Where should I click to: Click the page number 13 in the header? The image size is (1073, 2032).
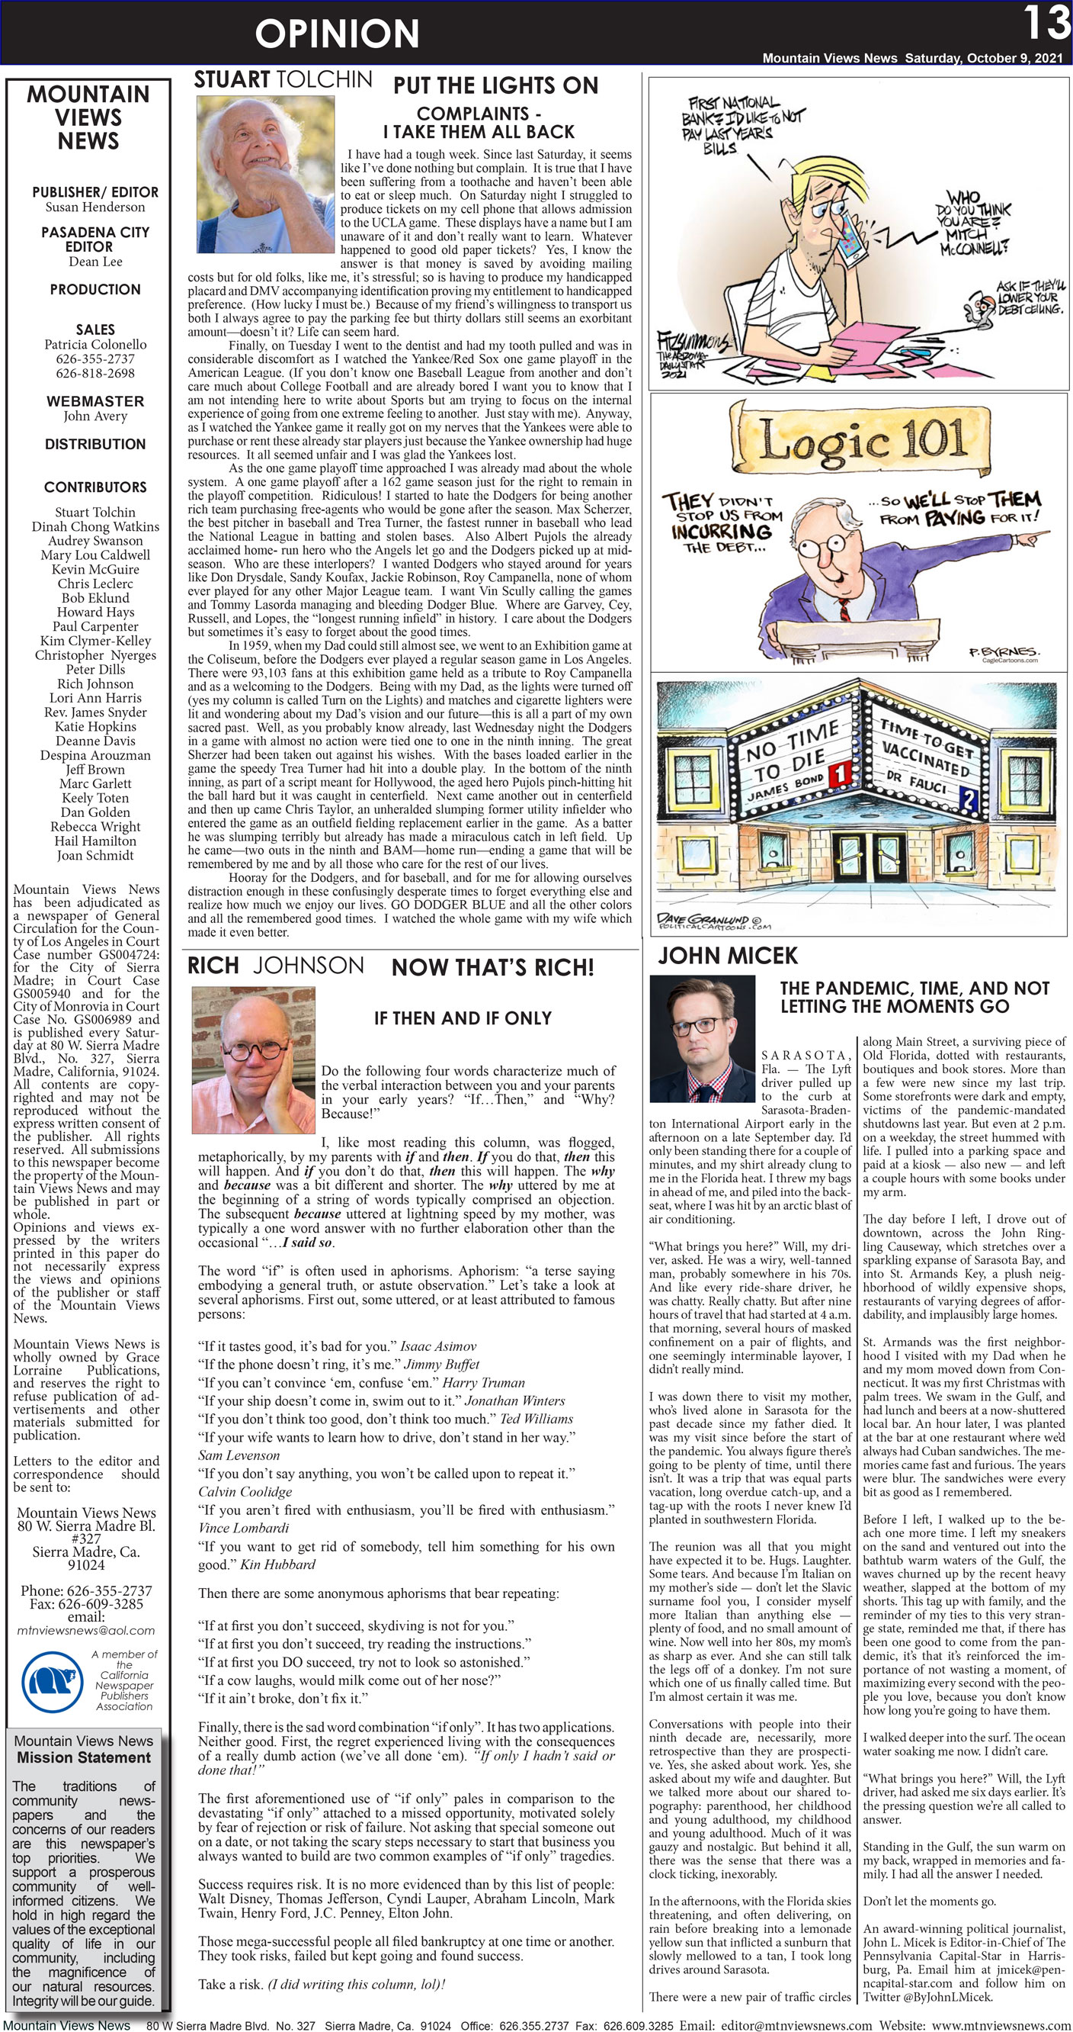click(1047, 24)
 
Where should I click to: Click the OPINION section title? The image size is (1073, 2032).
click(337, 34)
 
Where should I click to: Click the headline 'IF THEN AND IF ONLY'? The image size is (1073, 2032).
click(463, 1018)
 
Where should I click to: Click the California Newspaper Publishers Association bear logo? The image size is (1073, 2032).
click(52, 1683)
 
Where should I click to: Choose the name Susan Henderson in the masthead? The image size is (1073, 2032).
click(94, 207)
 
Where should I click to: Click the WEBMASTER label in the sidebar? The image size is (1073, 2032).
click(94, 401)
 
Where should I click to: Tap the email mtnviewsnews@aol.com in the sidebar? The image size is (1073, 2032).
click(86, 1631)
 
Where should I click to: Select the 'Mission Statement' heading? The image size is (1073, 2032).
click(84, 1757)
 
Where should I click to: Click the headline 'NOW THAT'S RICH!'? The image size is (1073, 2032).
click(493, 967)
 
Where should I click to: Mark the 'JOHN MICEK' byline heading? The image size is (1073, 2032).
click(728, 956)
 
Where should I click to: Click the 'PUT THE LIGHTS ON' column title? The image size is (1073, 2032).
click(495, 85)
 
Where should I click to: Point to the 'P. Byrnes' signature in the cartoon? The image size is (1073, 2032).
click(1003, 652)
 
